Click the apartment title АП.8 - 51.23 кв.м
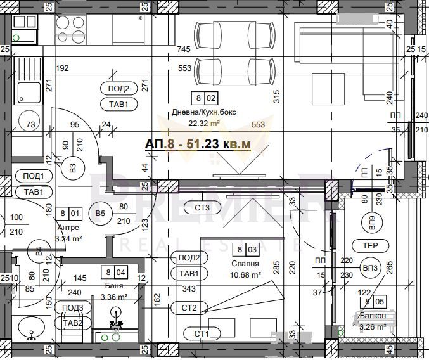point(198,145)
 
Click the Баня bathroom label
point(115,286)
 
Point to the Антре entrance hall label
point(68,228)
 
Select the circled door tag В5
point(99,212)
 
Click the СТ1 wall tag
point(202,333)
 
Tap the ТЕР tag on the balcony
point(371,246)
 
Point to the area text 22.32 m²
point(204,124)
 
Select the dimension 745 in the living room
point(184,49)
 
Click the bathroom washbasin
point(30,328)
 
